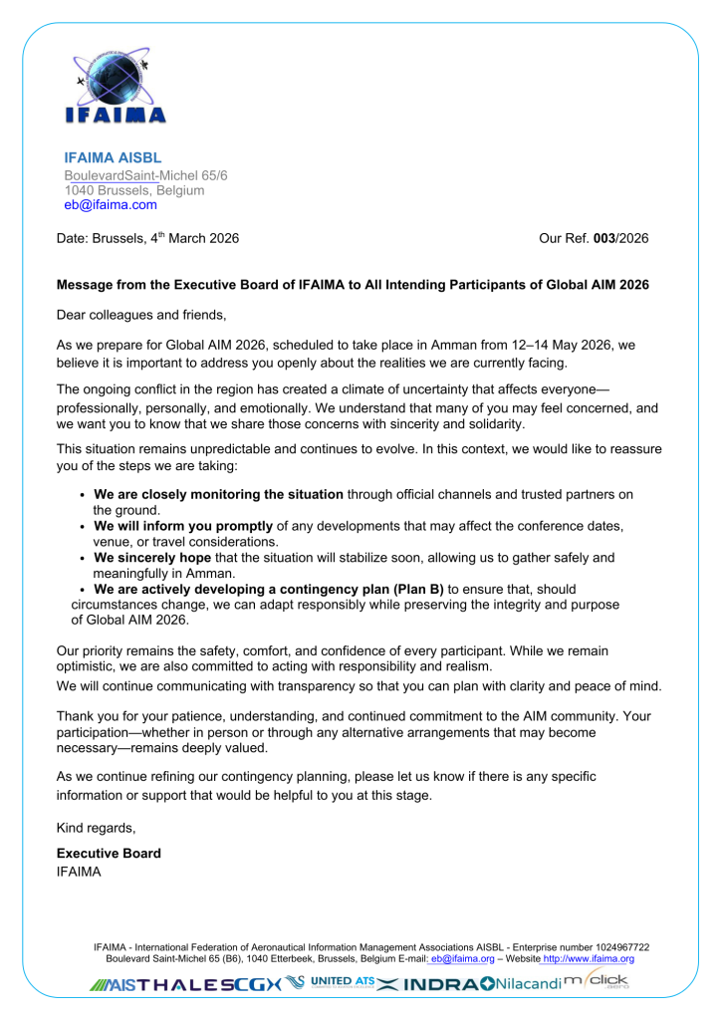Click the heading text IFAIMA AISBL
click(x=113, y=157)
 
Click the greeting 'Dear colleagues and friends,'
click(x=141, y=316)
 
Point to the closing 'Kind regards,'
click(x=96, y=828)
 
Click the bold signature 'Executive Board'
click(x=109, y=854)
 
